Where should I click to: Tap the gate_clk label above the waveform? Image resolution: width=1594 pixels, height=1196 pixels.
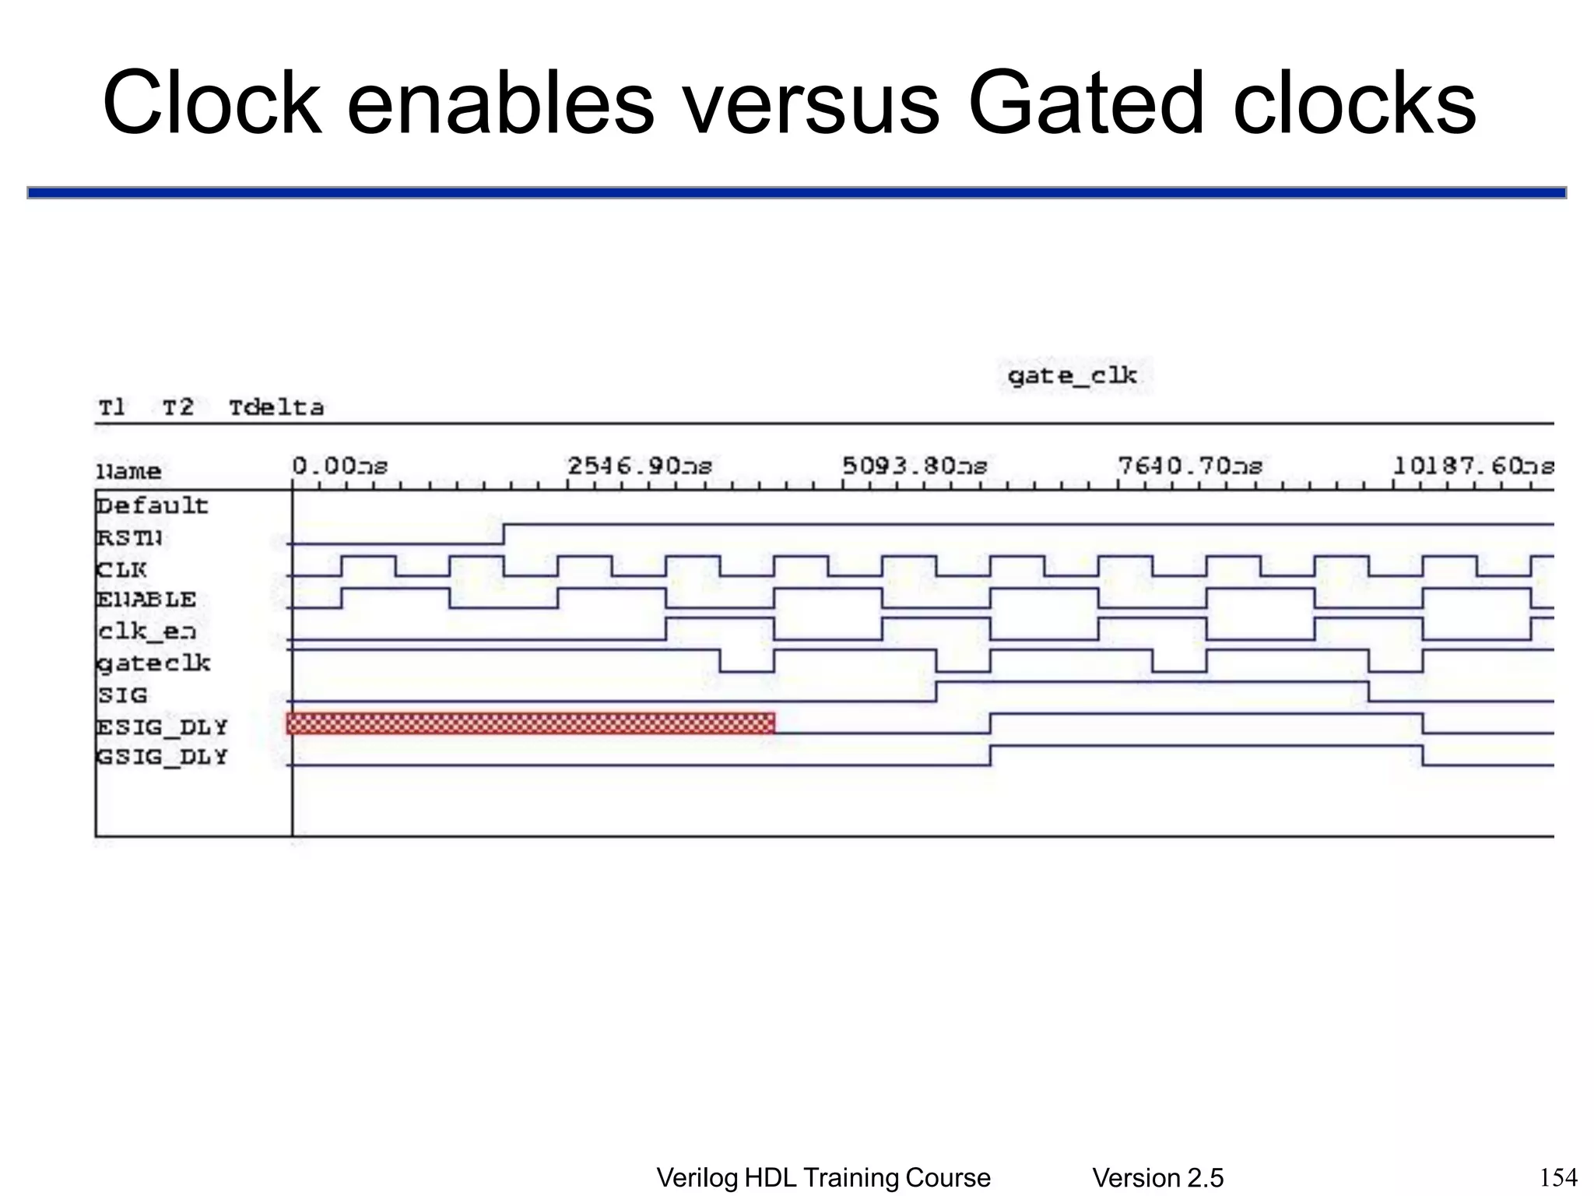point(1072,376)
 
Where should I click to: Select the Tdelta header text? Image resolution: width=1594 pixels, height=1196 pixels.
point(276,407)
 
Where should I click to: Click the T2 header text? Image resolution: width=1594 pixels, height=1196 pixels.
point(177,407)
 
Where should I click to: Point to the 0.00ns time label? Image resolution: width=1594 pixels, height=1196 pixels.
point(339,466)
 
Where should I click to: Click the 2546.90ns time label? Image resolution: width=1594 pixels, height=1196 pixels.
point(639,466)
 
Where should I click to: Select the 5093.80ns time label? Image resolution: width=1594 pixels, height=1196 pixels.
point(915,466)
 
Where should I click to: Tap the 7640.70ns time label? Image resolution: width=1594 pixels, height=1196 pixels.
point(1190,466)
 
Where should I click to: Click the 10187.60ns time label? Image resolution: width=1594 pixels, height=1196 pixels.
point(1473,466)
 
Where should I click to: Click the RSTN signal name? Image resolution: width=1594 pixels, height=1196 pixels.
point(129,538)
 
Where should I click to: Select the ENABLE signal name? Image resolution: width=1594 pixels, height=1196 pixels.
point(146,600)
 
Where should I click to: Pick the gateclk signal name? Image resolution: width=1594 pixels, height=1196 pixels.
point(153,663)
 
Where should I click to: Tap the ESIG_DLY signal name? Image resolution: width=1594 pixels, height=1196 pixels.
point(162,726)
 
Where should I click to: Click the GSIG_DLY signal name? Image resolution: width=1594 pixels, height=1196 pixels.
point(162,757)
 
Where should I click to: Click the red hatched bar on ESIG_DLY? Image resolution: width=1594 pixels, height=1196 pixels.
point(531,723)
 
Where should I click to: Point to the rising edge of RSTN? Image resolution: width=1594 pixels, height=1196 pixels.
point(504,533)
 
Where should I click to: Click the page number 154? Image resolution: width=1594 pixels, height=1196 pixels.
point(1559,1177)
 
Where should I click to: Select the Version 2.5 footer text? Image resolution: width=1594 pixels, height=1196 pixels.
point(1157,1178)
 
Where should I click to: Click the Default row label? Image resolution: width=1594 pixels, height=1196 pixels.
point(153,506)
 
